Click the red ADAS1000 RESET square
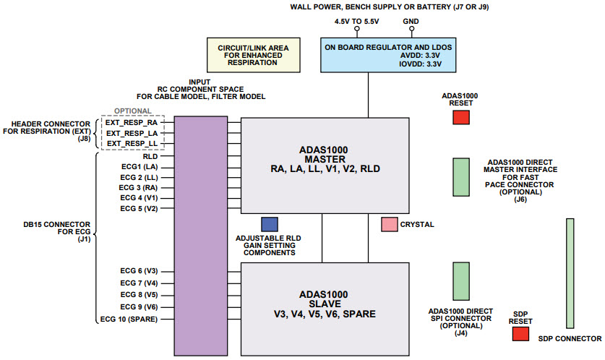460,117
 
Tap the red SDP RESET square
520,333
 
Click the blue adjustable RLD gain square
269,224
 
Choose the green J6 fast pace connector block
460,177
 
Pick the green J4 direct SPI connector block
460,281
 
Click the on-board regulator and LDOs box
368,55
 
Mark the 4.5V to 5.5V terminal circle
356,30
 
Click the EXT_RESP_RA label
131,123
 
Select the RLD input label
150,155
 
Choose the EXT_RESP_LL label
131,144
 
